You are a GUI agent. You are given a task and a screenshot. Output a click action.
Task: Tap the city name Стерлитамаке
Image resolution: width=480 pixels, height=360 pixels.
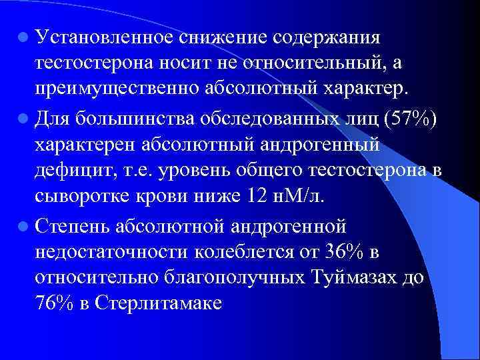159,303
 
